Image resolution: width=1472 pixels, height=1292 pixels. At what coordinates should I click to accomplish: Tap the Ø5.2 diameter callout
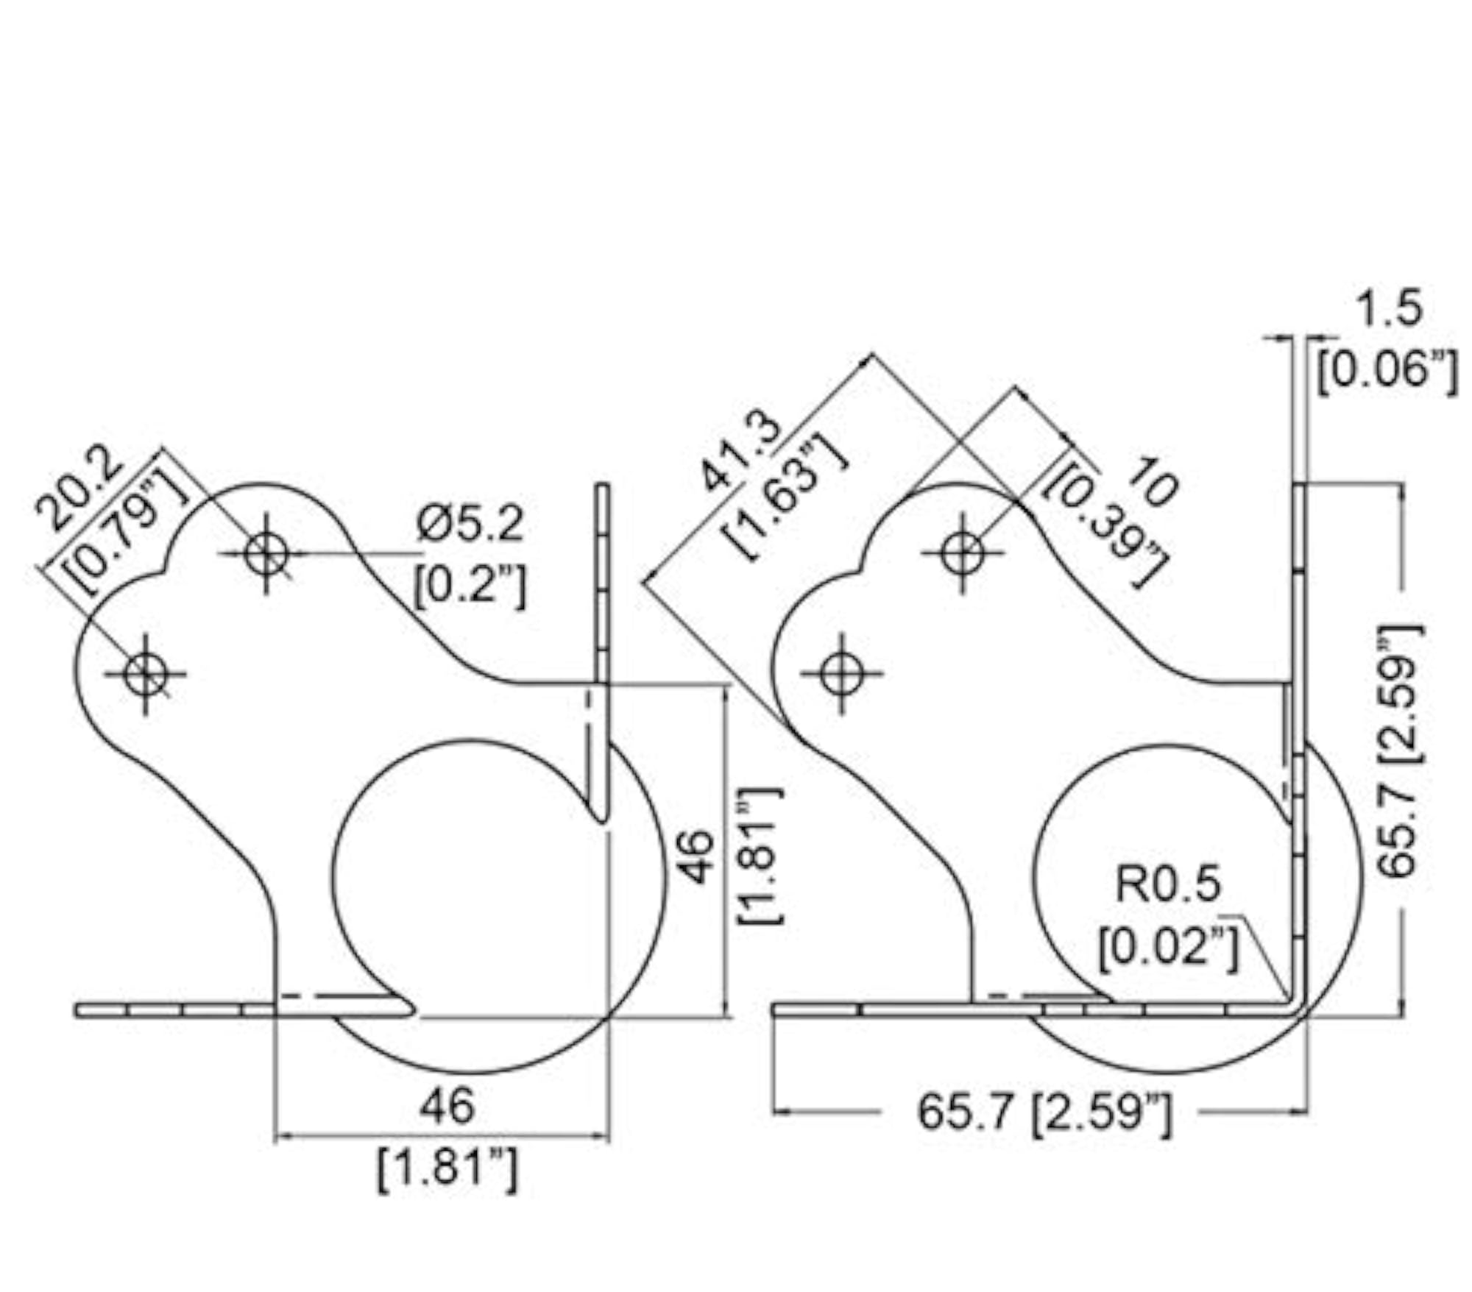click(x=469, y=525)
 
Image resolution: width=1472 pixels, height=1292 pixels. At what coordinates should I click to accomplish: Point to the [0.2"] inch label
click(x=470, y=586)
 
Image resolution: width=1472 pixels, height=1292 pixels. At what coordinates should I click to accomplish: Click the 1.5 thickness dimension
click(x=1388, y=307)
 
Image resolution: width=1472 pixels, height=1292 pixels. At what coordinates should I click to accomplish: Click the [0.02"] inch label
click(x=1170, y=946)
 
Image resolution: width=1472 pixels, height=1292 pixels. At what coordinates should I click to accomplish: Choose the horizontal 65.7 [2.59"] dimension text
click(x=1044, y=1112)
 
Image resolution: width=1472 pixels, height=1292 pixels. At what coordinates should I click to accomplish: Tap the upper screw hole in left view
click(x=266, y=553)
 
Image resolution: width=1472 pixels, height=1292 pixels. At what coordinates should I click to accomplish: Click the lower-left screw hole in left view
click(x=145, y=673)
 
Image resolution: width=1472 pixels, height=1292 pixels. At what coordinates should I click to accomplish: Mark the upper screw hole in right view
click(x=963, y=553)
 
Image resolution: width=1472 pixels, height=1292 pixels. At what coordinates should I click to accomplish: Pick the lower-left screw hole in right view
click(x=841, y=673)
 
